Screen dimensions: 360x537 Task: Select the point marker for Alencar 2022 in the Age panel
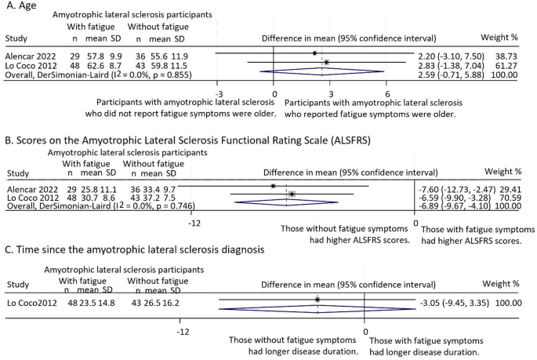[314, 53]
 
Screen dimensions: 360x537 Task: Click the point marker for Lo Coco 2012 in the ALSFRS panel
[292, 194]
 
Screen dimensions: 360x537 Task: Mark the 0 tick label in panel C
[365, 331]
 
